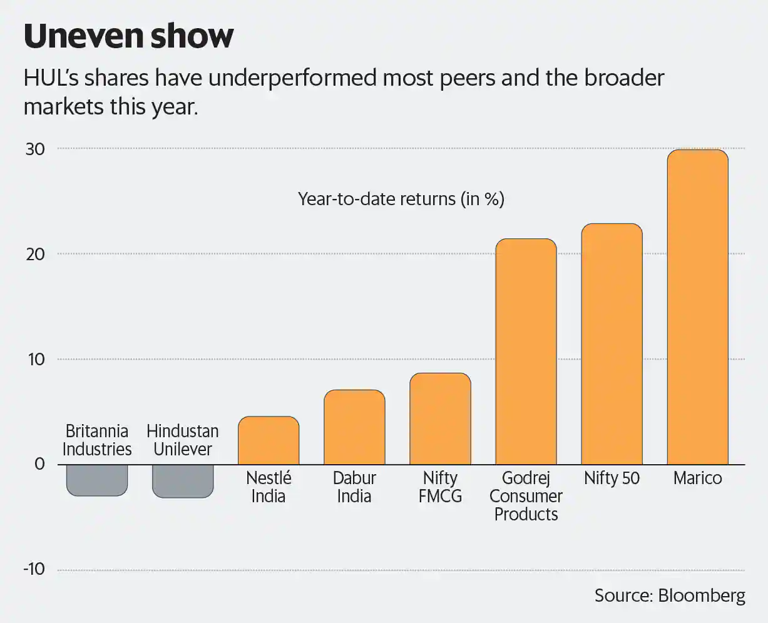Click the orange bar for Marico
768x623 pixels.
point(697,306)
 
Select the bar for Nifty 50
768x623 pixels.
point(612,344)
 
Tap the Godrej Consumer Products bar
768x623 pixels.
point(526,352)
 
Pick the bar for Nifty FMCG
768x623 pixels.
point(440,418)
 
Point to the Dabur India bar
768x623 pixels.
point(354,427)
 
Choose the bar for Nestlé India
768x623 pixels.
point(269,440)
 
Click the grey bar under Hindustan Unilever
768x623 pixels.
point(183,481)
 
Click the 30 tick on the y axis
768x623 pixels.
point(35,149)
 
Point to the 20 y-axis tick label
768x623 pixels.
point(35,254)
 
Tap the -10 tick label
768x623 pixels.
point(34,569)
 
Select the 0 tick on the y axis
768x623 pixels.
point(40,464)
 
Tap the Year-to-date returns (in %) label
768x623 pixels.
point(401,199)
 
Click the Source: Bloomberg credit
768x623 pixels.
point(670,595)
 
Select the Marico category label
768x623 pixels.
point(697,479)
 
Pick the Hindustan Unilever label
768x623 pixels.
point(183,440)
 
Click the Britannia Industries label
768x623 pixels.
point(97,440)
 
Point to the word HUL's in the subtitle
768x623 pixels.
point(51,79)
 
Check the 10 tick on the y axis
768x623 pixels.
point(35,359)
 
